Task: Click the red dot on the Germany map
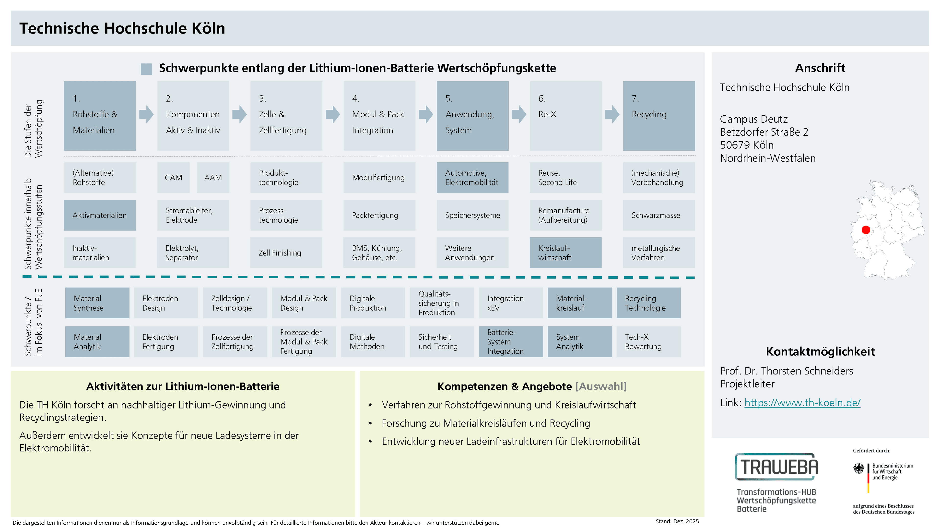pyautogui.click(x=866, y=230)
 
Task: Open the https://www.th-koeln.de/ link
pyautogui.click(x=802, y=403)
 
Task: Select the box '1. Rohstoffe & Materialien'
pyautogui.click(x=100, y=116)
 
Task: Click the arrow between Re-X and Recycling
pyautogui.click(x=612, y=114)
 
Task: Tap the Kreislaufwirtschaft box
pyautogui.click(x=565, y=253)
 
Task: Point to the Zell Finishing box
pyautogui.click(x=286, y=253)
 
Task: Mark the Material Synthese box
pyautogui.click(x=97, y=303)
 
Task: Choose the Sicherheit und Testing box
pyautogui.click(x=442, y=342)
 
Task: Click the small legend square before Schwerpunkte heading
pyautogui.click(x=146, y=69)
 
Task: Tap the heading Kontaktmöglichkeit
pyautogui.click(x=820, y=352)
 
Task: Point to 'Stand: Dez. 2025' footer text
pyautogui.click(x=677, y=521)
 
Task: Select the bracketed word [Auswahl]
pyautogui.click(x=601, y=386)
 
